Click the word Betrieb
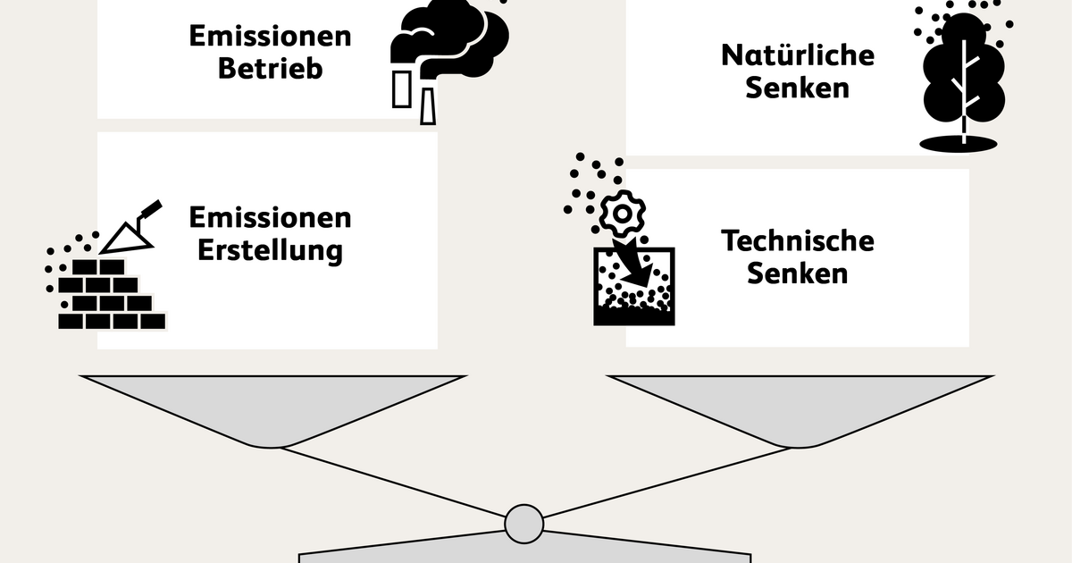(x=271, y=69)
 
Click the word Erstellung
(x=271, y=250)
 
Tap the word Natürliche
(x=798, y=55)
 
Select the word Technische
(x=798, y=240)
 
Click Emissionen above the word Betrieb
(x=271, y=36)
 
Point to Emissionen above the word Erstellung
(x=271, y=217)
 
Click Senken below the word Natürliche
(x=798, y=88)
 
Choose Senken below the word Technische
(x=798, y=273)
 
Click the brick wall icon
(x=112, y=294)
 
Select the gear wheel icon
(x=622, y=214)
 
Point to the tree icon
(x=963, y=79)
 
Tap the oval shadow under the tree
(x=959, y=144)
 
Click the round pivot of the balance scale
(x=524, y=524)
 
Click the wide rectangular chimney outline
(x=401, y=89)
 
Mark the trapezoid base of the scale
(x=524, y=548)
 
